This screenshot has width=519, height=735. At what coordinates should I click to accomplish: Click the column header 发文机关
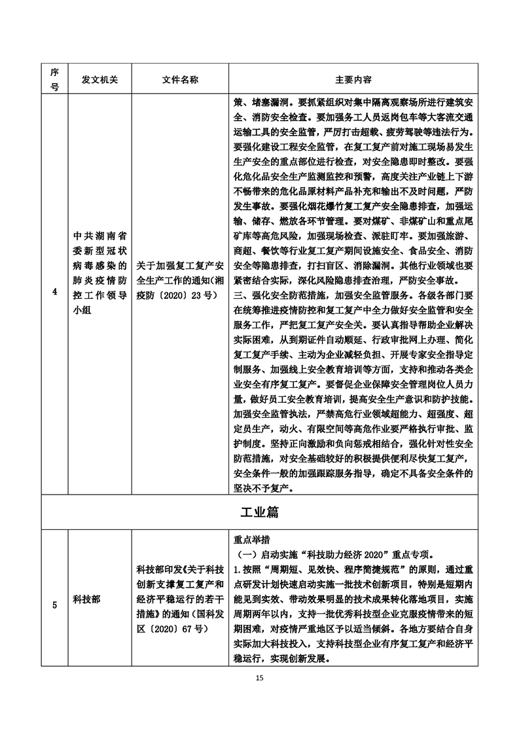(x=99, y=79)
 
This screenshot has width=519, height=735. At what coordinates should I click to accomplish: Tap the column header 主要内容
(x=353, y=79)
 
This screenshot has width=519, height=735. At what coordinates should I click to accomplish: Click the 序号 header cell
(x=54, y=79)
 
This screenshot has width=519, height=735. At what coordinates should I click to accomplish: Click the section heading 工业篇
(x=259, y=510)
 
